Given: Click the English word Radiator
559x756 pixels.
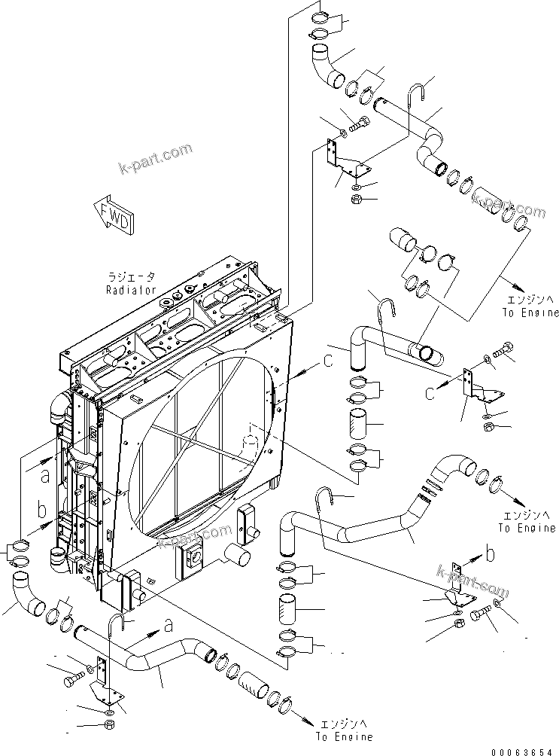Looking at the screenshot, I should point(131,289).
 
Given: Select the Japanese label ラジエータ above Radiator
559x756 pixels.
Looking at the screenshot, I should point(131,278).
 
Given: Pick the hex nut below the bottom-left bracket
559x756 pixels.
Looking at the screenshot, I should point(108,728).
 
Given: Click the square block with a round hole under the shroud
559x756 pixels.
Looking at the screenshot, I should point(192,559).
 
